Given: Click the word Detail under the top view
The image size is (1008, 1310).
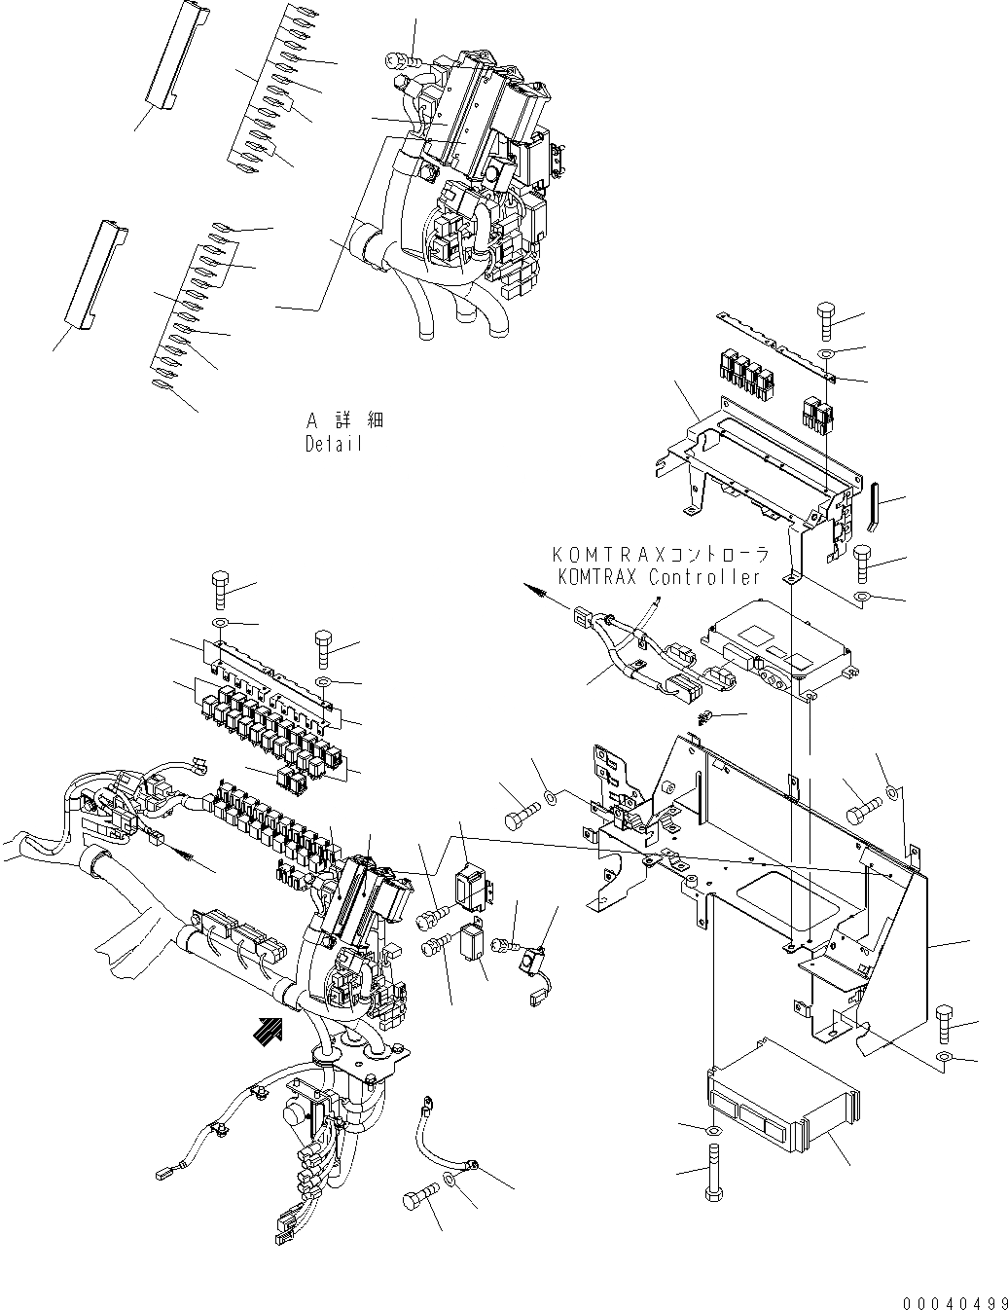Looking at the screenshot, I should [x=333, y=444].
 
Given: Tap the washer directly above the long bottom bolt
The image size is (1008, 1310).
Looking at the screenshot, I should [x=714, y=1131].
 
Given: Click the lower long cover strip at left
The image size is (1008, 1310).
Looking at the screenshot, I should [x=92, y=273].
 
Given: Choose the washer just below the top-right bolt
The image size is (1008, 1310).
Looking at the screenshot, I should [x=825, y=351].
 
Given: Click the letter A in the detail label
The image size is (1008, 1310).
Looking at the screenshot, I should [x=312, y=420].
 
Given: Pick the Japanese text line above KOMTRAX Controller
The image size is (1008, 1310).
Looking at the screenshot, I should [x=662, y=555].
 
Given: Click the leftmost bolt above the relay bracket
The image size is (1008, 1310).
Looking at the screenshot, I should [x=220, y=590].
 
